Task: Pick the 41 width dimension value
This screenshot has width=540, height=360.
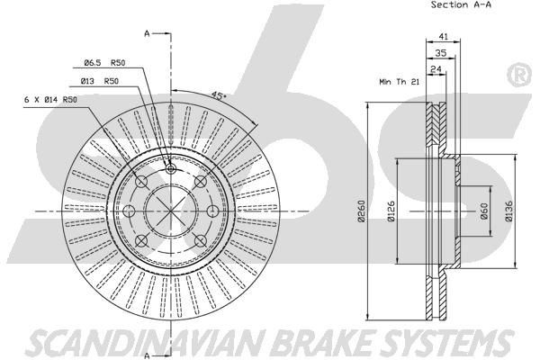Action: [x=443, y=36]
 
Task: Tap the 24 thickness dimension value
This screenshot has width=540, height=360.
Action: [x=436, y=68]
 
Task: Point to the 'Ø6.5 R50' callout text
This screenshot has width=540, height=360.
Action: [x=103, y=62]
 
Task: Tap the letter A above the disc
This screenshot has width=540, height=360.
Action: [x=146, y=34]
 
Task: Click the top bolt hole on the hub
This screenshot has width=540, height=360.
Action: [x=171, y=168]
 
